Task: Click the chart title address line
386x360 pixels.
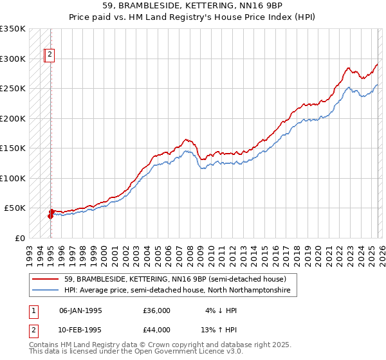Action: (192, 5)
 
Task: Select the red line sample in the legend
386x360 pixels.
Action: (46, 280)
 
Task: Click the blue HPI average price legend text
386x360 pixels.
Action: (177, 291)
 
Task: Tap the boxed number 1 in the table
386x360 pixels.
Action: (33, 310)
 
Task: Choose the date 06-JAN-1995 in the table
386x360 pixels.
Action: (80, 310)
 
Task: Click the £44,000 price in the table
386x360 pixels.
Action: (156, 330)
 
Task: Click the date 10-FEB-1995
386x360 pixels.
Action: (80, 330)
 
